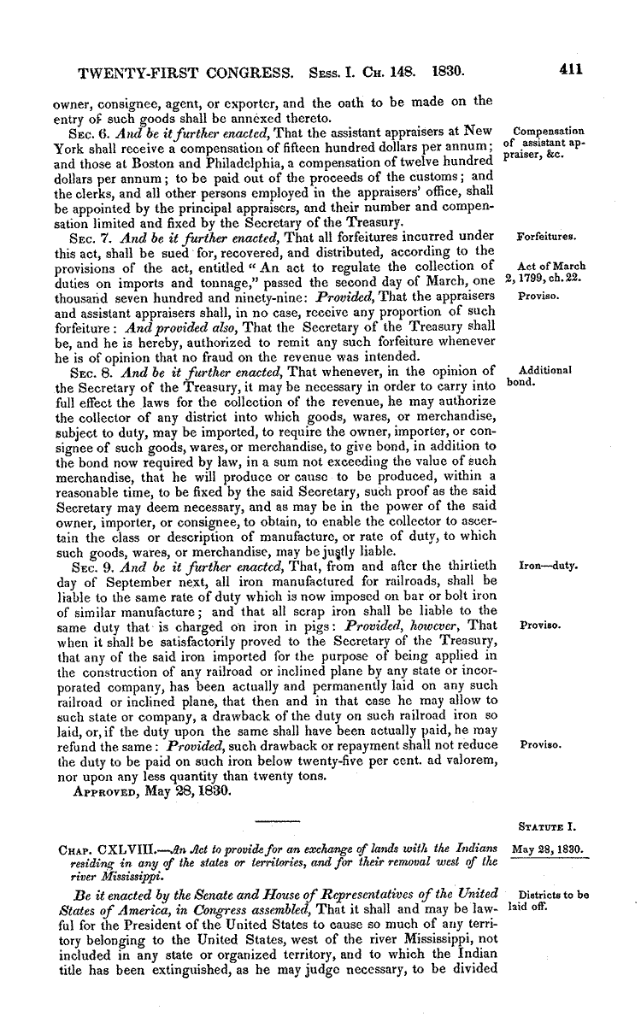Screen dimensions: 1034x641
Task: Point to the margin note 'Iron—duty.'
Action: tap(548, 566)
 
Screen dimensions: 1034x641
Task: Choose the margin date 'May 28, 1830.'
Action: tap(547, 850)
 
